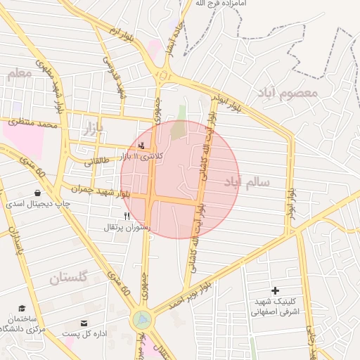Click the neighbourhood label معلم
click(x=19, y=73)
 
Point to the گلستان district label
click(x=68, y=278)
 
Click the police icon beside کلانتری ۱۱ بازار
click(x=143, y=146)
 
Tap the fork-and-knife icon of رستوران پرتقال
click(x=127, y=216)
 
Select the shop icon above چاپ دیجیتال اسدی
click(x=37, y=193)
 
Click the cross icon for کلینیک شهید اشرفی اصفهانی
click(x=275, y=290)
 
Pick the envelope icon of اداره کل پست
click(x=84, y=323)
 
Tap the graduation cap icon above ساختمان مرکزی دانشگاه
click(x=22, y=308)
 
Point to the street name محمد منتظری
click(x=33, y=124)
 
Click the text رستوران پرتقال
click(x=124, y=227)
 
